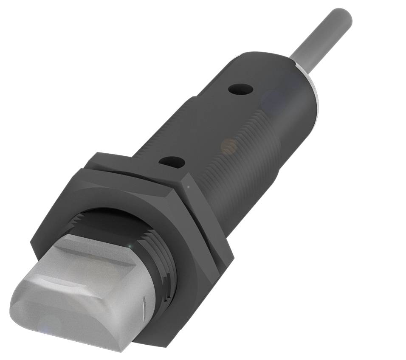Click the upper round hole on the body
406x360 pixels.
tap(240, 90)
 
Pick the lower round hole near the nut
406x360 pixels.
tap(172, 161)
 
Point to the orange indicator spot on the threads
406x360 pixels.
tap(228, 146)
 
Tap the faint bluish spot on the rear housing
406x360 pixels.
tap(272, 100)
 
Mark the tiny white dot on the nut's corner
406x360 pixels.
tap(187, 186)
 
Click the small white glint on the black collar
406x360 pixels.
tap(135, 246)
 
